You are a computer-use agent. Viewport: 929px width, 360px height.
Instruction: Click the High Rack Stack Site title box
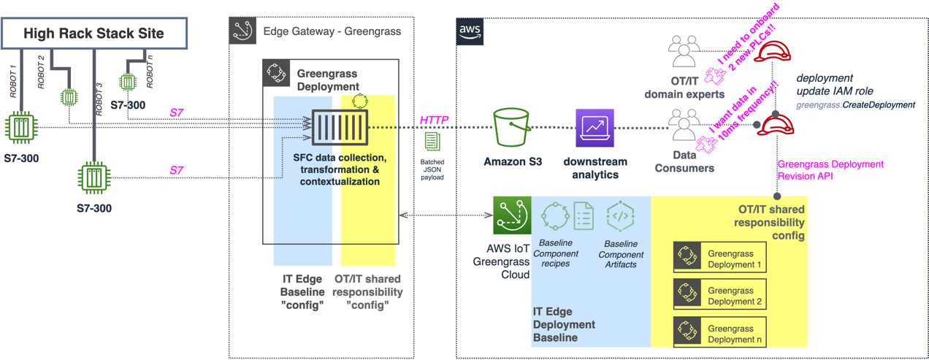pos(93,33)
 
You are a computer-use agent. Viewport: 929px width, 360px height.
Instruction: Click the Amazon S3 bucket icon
pos(512,128)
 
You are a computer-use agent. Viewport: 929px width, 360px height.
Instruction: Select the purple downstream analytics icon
pos(595,128)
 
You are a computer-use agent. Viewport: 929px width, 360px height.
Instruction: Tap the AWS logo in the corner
pos(470,31)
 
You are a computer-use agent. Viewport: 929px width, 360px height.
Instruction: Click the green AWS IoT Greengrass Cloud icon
pos(511,215)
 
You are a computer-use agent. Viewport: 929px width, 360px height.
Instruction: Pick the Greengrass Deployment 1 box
pos(719,257)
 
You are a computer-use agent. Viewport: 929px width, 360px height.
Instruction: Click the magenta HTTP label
pos(434,120)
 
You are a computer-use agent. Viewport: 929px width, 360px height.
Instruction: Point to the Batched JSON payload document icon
pos(432,142)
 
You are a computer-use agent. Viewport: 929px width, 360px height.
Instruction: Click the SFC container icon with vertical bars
pos(340,129)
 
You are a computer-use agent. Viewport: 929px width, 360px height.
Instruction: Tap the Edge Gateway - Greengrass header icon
pos(242,31)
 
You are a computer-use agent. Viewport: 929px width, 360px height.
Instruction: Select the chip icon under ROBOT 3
pos(94,177)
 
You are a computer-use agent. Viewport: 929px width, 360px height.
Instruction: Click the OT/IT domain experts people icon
pos(684,53)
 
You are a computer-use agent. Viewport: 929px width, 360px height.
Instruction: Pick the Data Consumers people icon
pos(684,126)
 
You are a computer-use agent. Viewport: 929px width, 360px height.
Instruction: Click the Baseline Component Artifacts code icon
pos(620,216)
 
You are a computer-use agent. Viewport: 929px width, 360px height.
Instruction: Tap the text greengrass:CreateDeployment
pos(855,104)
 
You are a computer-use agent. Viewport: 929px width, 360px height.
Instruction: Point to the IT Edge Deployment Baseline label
pos(564,324)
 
